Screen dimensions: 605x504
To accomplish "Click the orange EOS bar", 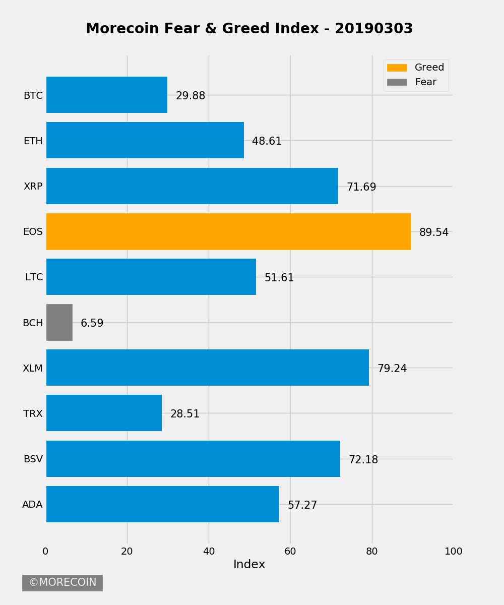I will coord(229,231).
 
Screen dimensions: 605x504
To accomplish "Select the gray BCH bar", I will coord(59,322).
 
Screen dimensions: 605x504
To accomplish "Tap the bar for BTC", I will coord(107,95).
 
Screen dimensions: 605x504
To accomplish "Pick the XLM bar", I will coord(208,368).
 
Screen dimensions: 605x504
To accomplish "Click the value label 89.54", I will coord(434,232).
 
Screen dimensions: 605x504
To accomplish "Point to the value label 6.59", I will coord(92,323).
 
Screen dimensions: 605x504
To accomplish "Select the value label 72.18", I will coord(363,460).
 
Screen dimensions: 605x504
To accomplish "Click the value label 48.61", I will coord(267,141).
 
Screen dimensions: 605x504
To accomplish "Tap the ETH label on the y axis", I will coord(33,141).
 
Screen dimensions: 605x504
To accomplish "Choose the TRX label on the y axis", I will coord(33,413).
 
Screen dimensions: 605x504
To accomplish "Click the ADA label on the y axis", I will coord(33,504).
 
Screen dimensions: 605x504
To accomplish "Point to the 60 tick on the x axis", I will coord(290,552).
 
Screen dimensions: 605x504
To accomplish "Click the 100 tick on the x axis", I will coord(454,552).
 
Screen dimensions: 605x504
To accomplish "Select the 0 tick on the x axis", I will coord(46,552).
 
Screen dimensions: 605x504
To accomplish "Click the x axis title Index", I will coord(249,565).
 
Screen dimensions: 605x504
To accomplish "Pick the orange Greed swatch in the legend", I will coord(397,68).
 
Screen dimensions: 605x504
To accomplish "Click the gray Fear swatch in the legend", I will coord(397,82).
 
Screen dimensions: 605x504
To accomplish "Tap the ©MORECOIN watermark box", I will coord(62,583).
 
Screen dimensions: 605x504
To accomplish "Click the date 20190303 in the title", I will coord(373,29).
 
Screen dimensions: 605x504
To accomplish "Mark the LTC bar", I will coord(151,277).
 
